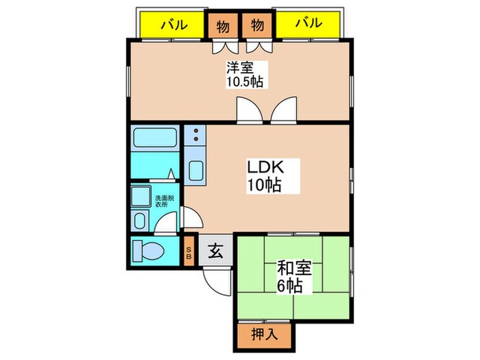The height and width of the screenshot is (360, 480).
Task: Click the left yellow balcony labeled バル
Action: [x=172, y=25]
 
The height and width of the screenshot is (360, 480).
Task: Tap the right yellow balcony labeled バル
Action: [x=308, y=25]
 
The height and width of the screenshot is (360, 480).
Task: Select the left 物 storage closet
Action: [x=223, y=26]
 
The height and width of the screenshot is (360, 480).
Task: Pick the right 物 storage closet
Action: [x=257, y=26]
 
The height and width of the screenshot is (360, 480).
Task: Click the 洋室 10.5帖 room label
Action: [x=245, y=75]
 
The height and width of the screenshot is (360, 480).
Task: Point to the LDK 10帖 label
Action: [x=265, y=176]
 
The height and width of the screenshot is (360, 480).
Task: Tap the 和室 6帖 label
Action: [x=294, y=277]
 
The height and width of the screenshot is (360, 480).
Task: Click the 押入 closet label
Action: [x=265, y=335]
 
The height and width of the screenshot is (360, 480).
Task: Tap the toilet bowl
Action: [x=149, y=251]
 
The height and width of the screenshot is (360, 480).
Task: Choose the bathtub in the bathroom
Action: [x=155, y=138]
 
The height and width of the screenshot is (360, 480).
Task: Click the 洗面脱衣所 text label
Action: [x=164, y=201]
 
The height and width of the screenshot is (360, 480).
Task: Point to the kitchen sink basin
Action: [x=195, y=171]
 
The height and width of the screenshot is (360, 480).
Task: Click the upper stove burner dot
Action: [x=196, y=131]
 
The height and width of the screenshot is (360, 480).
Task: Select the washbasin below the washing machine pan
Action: [x=140, y=220]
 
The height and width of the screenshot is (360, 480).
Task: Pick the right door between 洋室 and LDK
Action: [x=284, y=110]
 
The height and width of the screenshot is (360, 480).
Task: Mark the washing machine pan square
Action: [x=141, y=196]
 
